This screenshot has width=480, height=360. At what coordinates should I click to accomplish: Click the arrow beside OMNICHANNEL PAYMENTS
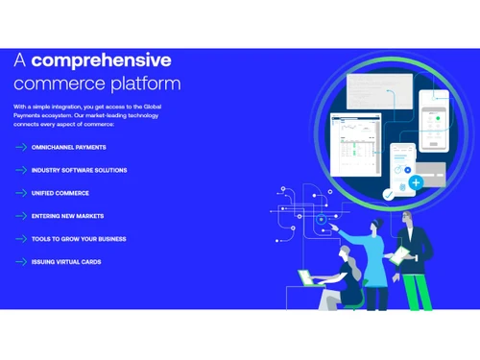click(21, 147)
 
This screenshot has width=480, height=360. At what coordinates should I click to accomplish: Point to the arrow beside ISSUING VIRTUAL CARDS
click(21, 262)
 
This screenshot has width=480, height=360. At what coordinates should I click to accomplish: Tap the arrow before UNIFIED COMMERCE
click(21, 193)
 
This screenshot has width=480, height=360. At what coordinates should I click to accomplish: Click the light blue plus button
click(416, 181)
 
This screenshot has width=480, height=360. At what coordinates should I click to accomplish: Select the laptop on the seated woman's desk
click(309, 280)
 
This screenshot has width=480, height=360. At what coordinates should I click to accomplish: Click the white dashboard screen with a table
click(355, 144)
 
